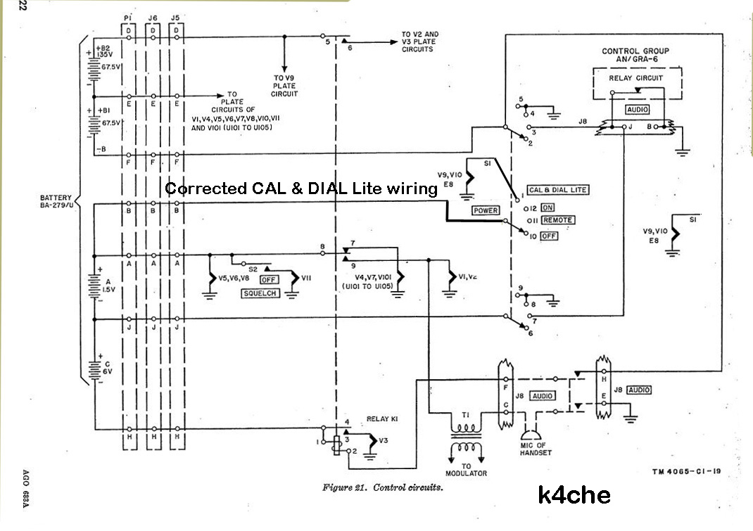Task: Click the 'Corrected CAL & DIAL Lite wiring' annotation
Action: [301, 188]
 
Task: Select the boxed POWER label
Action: [486, 210]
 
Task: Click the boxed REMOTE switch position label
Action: [558, 220]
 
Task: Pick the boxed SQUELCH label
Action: [260, 293]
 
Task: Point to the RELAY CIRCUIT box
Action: [635, 78]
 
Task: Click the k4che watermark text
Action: [574, 495]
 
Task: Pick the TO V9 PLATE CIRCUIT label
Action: [285, 86]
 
